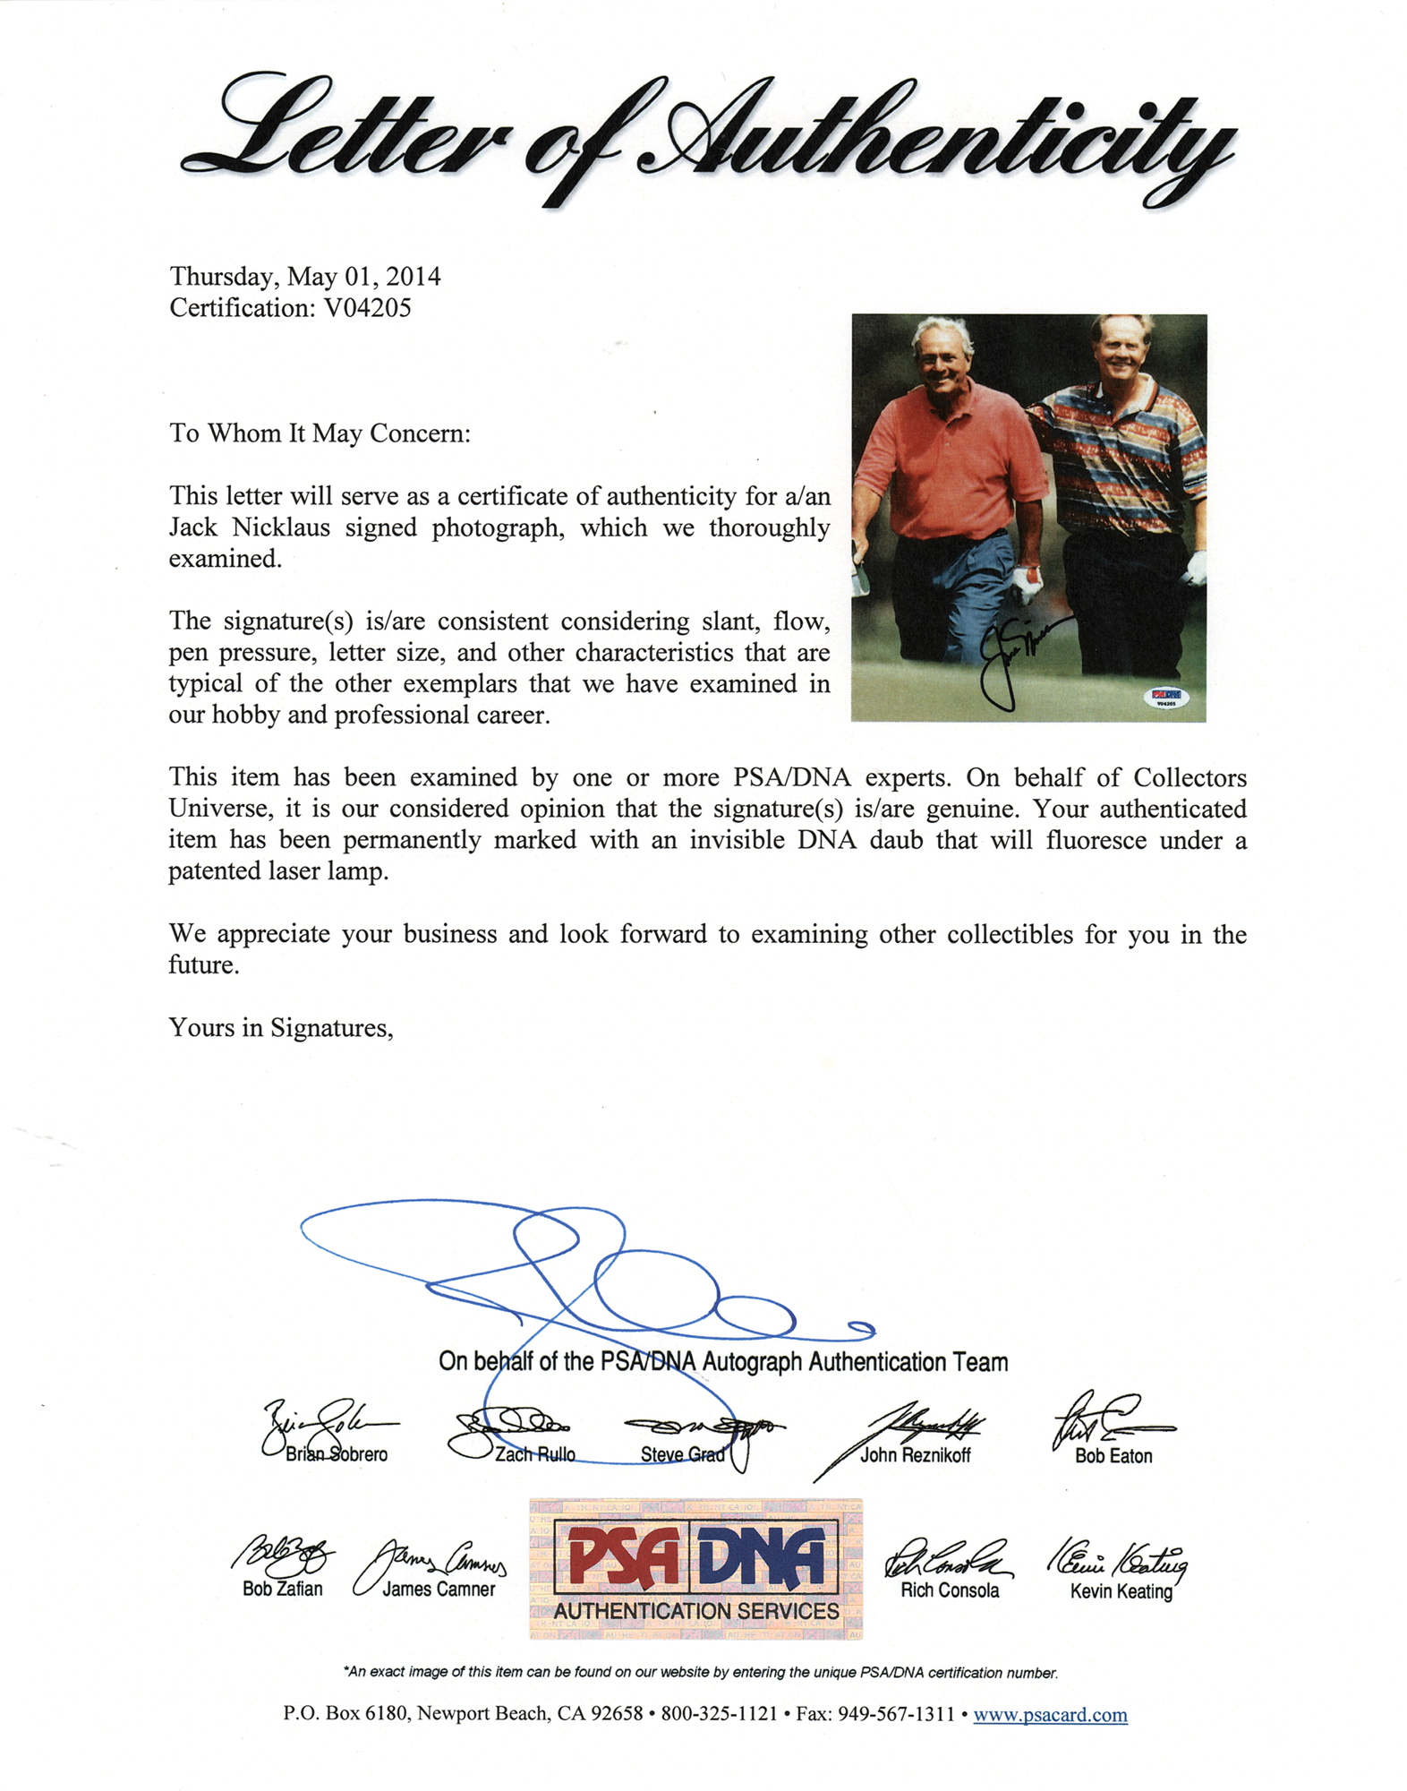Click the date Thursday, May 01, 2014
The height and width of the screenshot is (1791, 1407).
click(305, 276)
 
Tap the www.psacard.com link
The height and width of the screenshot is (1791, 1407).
click(1050, 1714)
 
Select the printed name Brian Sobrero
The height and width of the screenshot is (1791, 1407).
click(337, 1454)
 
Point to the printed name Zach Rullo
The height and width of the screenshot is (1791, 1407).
click(535, 1454)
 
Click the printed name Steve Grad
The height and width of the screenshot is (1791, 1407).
click(682, 1454)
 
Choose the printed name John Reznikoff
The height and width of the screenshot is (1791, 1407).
click(915, 1455)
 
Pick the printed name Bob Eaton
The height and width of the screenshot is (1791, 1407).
click(1113, 1456)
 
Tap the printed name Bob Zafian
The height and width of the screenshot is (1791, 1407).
click(283, 1589)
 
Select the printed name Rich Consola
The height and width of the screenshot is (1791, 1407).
click(950, 1590)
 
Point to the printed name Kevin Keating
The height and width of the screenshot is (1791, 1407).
click(1121, 1591)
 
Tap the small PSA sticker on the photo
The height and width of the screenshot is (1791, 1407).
click(1166, 697)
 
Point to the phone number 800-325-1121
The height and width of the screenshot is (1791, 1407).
click(719, 1714)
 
